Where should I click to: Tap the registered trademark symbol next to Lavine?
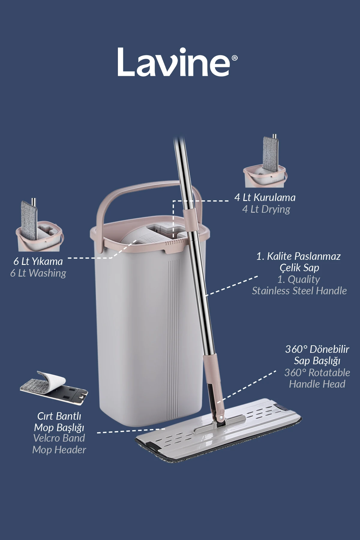coord(235,58)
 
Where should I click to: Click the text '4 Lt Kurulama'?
coord(265,197)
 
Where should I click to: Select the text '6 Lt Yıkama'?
coord(38,261)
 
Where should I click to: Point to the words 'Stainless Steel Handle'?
coord(299,291)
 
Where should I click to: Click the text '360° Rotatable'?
coord(317,373)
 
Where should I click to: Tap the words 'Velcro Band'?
coord(59,438)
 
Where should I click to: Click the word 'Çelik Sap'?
coord(299,268)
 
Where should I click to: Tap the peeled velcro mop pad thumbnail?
coord(54,387)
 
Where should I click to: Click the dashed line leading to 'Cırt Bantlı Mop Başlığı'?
coord(130,431)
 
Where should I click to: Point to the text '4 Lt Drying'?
coord(266,209)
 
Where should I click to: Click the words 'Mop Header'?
coord(59,450)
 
